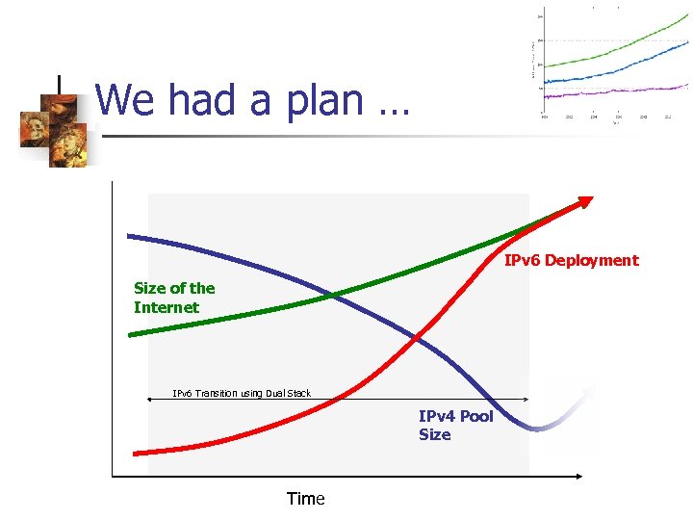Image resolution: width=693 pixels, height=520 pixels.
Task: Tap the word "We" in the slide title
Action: [x=128, y=99]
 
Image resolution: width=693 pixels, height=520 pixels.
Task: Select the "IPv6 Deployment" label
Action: [x=571, y=260]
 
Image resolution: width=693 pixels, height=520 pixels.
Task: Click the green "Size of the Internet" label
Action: [x=174, y=298]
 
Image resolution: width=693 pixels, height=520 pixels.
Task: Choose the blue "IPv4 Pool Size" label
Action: [x=455, y=426]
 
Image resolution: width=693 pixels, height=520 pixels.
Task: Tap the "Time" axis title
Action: [x=306, y=499]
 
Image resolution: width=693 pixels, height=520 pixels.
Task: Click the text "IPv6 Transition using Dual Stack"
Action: [x=242, y=393]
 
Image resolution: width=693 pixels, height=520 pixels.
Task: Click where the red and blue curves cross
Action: [x=416, y=337]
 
